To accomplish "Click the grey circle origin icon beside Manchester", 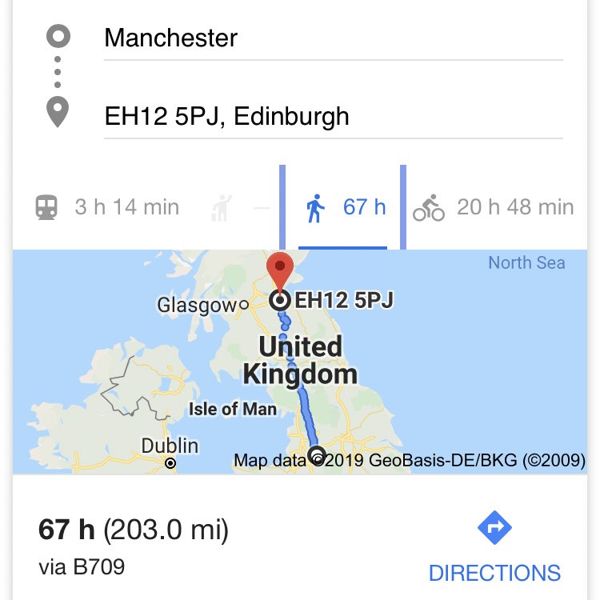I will [58, 37].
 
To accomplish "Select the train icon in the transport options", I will [46, 208].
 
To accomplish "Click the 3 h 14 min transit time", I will [126, 207].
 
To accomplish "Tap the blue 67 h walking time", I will [364, 207].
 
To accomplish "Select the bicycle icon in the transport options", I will [429, 208].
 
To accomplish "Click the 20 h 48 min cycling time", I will [515, 207].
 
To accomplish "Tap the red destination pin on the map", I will [280, 272].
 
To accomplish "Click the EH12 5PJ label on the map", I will [344, 301].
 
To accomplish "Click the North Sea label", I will [526, 263].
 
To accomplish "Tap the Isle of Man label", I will [233, 409].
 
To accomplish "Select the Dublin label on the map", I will [170, 446].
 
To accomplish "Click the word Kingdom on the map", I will [299, 374].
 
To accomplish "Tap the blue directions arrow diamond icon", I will [494, 528].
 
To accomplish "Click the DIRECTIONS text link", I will [494, 573].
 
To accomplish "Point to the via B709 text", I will [82, 567].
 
